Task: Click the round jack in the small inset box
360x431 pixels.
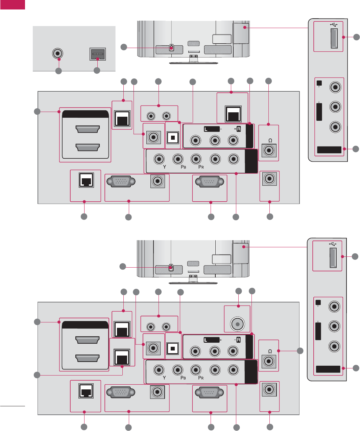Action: pos(58,53)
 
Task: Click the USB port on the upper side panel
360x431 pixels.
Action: pos(334,39)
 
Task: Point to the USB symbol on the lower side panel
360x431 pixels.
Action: pos(333,244)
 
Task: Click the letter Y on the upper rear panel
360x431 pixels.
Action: pos(165,167)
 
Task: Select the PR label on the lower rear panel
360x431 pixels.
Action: pos(201,378)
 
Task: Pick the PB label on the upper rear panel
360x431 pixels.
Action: pos(183,167)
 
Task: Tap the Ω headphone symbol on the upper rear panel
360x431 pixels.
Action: pos(270,140)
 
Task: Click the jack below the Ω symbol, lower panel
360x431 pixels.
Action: pos(269,361)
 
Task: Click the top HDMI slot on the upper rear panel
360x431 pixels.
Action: pos(88,129)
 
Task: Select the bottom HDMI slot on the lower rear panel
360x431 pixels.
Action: pos(88,358)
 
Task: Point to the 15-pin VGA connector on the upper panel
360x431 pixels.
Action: pos(121,182)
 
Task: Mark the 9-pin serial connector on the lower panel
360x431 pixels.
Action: pos(209,393)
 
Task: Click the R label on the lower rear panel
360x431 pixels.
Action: pos(238,340)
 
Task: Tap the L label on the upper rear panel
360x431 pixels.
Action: pos(206,129)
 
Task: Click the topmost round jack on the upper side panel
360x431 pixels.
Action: pos(335,87)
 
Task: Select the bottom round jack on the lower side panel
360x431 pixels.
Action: pos(334,346)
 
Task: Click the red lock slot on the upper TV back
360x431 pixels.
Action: pos(171,47)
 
